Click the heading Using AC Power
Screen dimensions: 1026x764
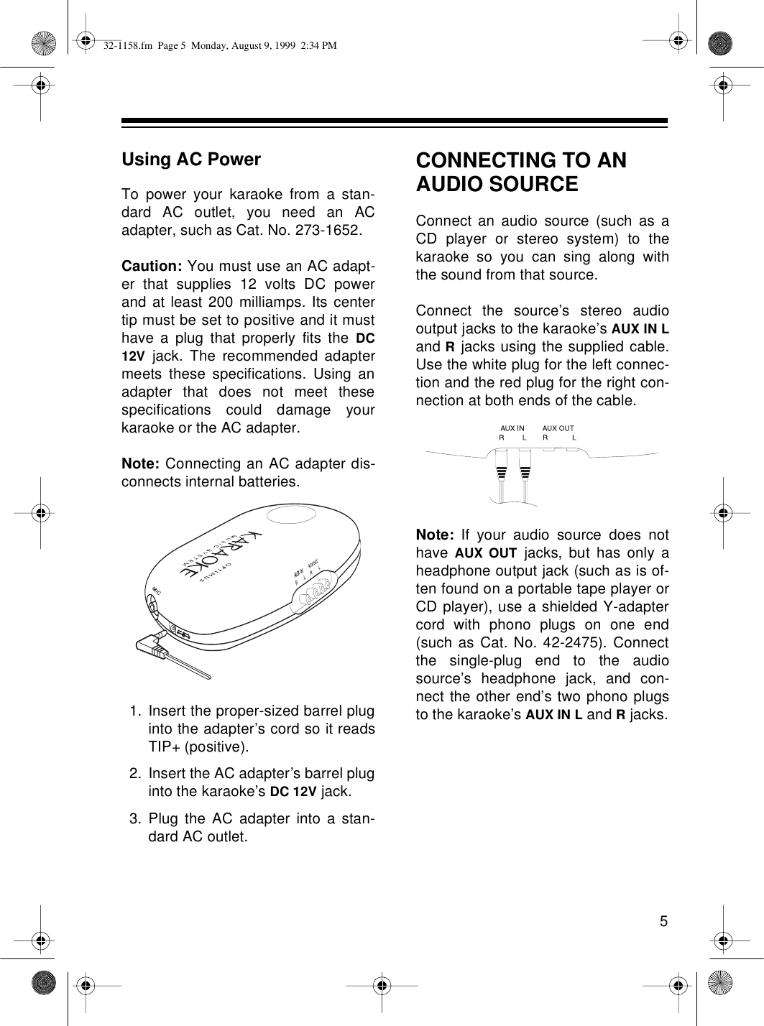coord(191,160)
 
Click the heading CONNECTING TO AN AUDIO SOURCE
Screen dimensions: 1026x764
coord(521,172)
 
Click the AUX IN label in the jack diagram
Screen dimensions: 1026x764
coord(512,428)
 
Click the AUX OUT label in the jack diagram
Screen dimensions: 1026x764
coord(558,428)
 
